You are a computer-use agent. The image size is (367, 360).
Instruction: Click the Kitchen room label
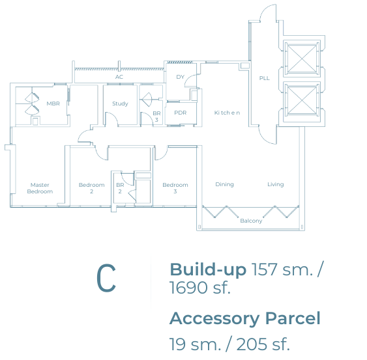click(227, 113)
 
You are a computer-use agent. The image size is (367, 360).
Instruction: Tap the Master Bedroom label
click(40, 188)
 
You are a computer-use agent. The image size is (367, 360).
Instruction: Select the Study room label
click(120, 104)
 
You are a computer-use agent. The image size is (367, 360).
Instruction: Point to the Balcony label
click(251, 221)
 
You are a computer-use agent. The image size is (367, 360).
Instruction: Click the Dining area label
click(224, 184)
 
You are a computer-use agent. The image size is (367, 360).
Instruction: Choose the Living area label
click(276, 184)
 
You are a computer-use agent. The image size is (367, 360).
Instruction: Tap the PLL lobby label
click(264, 78)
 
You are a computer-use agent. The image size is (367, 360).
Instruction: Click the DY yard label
click(180, 77)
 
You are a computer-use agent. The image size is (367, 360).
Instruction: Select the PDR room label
click(180, 113)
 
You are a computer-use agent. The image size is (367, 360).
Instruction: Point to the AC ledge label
click(119, 77)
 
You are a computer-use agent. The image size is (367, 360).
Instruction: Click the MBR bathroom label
click(53, 104)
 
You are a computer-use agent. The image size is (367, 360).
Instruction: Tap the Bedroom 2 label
click(91, 188)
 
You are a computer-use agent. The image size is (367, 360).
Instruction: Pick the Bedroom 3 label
click(175, 188)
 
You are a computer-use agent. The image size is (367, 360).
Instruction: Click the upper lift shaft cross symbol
click(302, 59)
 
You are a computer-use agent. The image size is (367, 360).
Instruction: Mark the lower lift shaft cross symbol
click(302, 100)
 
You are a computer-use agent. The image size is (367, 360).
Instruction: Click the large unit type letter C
click(106, 278)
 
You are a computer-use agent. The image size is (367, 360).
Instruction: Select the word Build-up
click(208, 270)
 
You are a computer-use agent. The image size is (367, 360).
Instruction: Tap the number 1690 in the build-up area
click(189, 288)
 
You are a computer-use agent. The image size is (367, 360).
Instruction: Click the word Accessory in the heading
click(214, 319)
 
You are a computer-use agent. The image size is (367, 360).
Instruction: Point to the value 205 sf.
click(263, 344)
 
